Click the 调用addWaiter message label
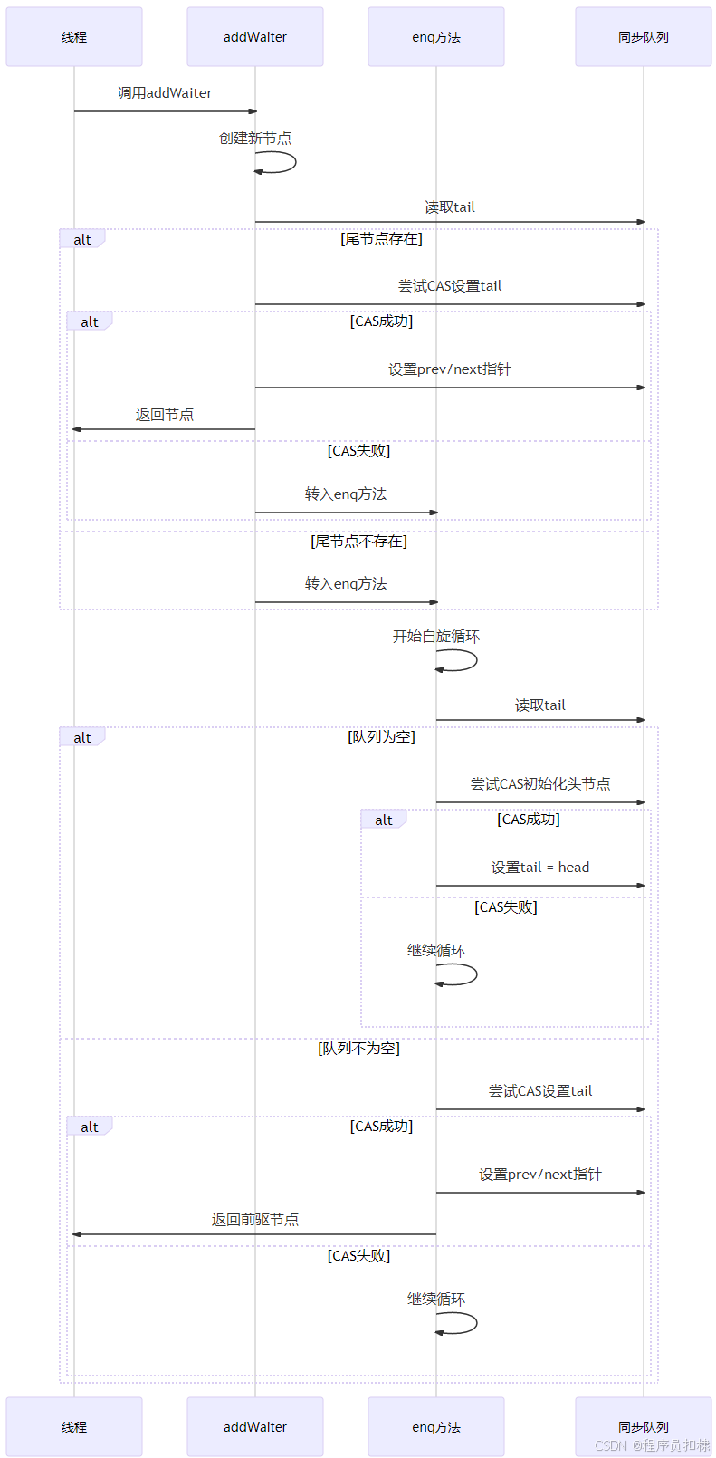(x=165, y=93)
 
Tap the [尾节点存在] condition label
(x=381, y=239)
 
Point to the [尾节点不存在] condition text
(x=358, y=542)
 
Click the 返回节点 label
(x=165, y=415)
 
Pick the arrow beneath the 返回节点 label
(x=165, y=429)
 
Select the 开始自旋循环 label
(x=435, y=637)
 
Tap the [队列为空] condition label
(x=381, y=737)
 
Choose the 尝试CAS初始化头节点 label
(x=540, y=784)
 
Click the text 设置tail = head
(x=540, y=868)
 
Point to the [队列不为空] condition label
(x=358, y=1049)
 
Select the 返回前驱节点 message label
(x=255, y=1220)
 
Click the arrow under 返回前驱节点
(x=255, y=1234)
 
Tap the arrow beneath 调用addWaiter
(x=165, y=111)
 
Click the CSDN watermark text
(x=652, y=1445)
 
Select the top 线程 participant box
(x=74, y=37)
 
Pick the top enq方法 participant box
(x=436, y=37)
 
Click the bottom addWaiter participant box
(x=255, y=1427)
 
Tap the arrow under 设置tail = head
(x=540, y=886)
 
